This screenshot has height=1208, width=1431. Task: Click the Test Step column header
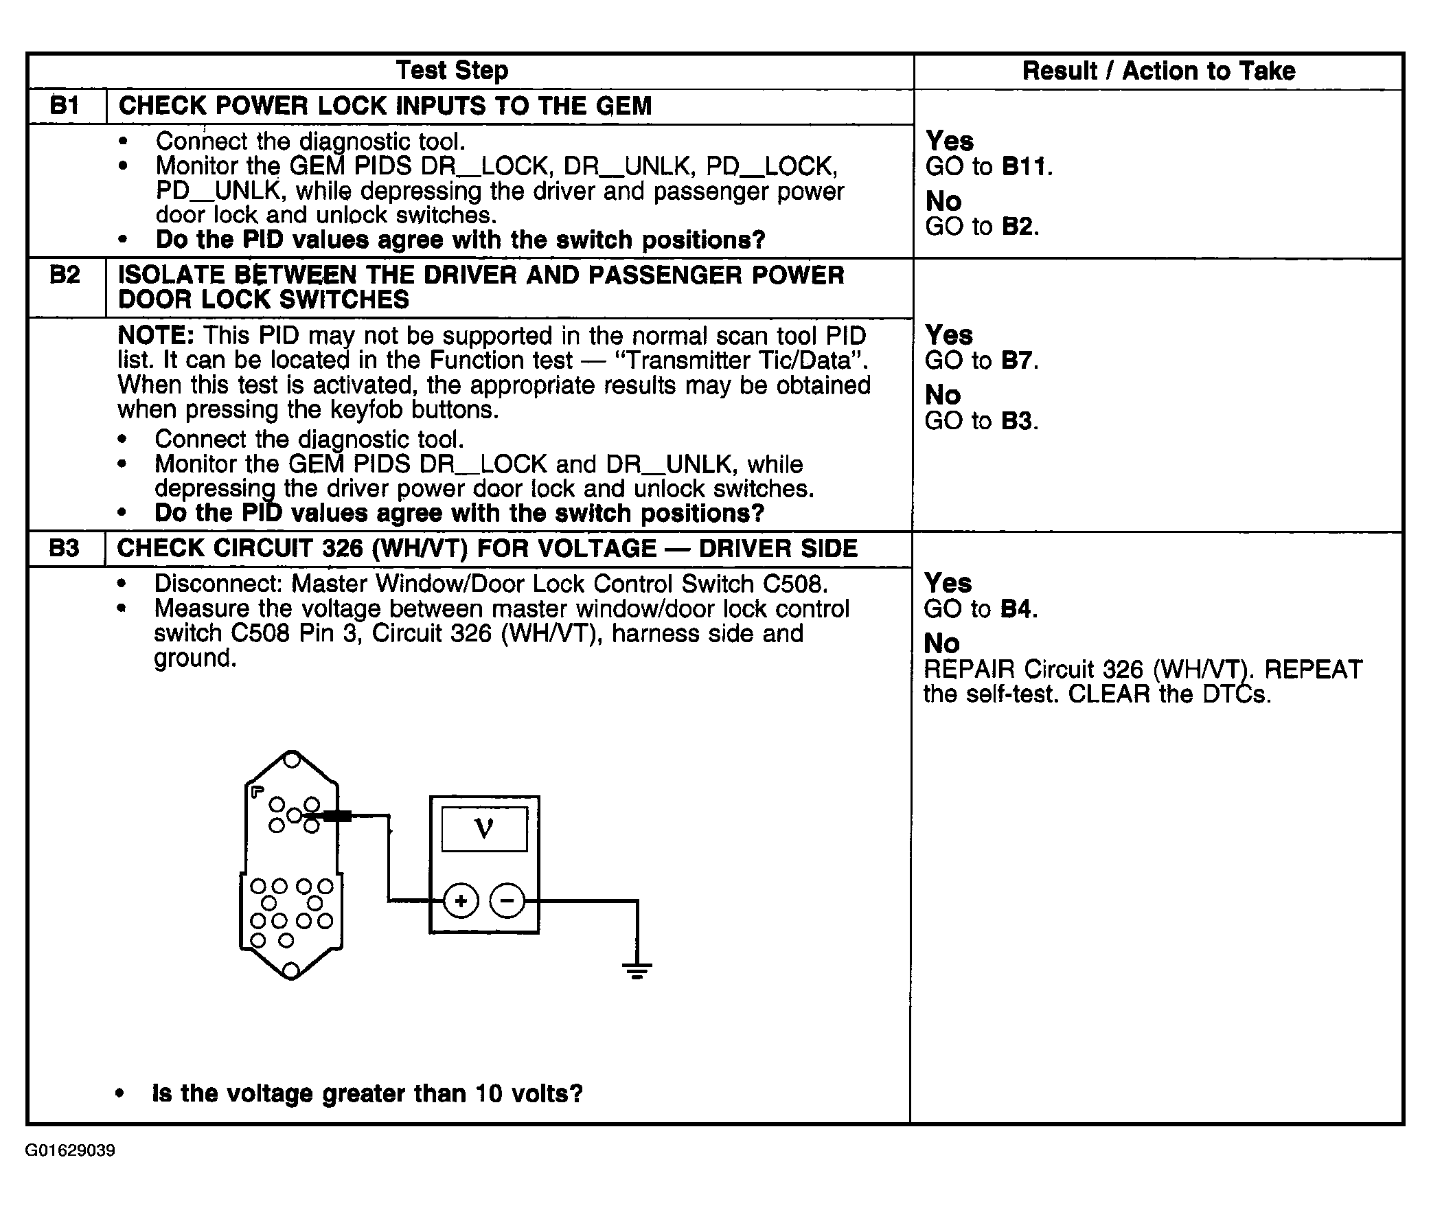coord(452,71)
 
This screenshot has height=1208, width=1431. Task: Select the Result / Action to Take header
coord(1158,71)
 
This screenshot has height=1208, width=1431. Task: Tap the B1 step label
coord(65,106)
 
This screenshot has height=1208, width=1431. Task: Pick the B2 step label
coord(65,275)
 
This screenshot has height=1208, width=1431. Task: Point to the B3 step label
coord(64,548)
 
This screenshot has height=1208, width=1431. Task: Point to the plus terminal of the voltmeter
coord(461,900)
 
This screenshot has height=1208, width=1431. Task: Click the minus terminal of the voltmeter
coord(507,900)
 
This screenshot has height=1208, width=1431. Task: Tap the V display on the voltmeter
coord(484,830)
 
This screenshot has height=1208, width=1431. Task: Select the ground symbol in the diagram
coord(637,970)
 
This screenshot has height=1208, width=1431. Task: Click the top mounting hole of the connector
coord(291,759)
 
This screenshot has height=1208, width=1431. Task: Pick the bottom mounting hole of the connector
coord(290,970)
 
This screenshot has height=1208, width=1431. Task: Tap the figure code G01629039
coord(70,1150)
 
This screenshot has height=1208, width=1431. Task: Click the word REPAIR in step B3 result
coord(969,670)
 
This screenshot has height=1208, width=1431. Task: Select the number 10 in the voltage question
coord(488,1093)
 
